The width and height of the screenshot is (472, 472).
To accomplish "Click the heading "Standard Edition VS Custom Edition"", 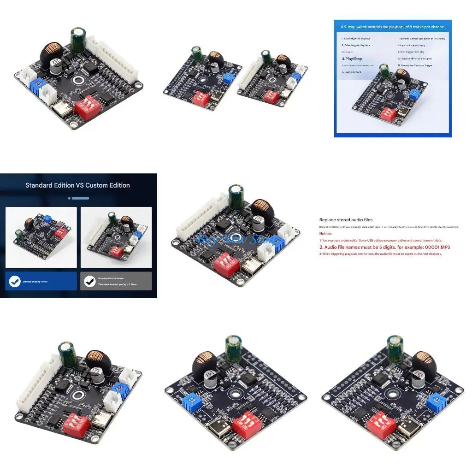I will pyautogui.click(x=77, y=185).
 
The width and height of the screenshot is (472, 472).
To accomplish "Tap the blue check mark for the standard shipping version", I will pyautogui.click(x=15, y=281).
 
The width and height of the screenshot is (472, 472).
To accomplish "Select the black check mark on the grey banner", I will pyautogui.click(x=90, y=281).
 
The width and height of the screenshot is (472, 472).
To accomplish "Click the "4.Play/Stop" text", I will pyautogui.click(x=352, y=59).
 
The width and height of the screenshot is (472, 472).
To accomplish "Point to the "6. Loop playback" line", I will pyautogui.click(x=352, y=72).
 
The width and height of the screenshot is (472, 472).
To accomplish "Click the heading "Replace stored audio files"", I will pyautogui.click(x=346, y=220).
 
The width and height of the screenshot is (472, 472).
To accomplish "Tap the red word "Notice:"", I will pyautogui.click(x=325, y=234).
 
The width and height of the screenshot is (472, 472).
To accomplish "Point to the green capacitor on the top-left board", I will pyautogui.click(x=78, y=39).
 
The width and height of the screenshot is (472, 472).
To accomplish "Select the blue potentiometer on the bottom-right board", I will pyautogui.click(x=435, y=401).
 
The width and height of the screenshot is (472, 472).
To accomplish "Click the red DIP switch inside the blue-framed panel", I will pyautogui.click(x=388, y=114).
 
